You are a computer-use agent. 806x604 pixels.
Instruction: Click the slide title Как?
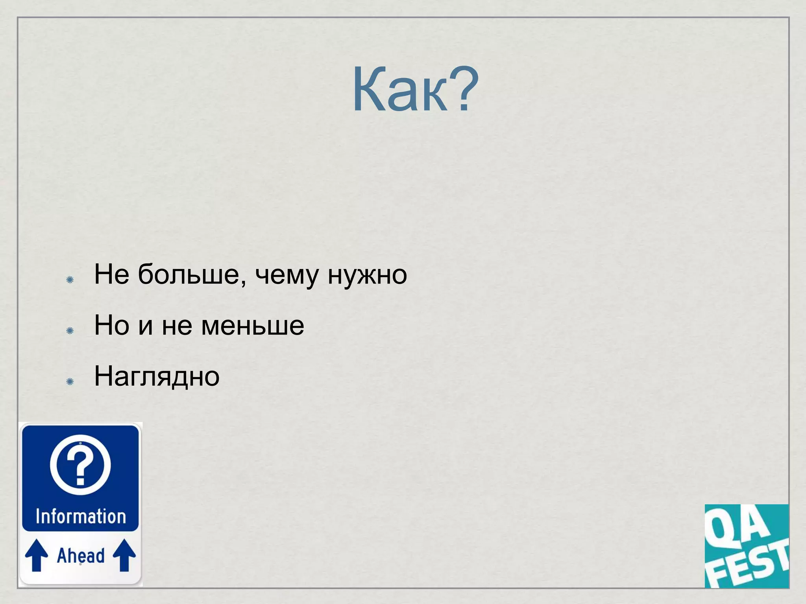point(415,90)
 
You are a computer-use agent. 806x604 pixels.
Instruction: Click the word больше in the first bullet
point(188,274)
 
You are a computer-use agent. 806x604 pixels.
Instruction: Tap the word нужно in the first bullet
point(367,275)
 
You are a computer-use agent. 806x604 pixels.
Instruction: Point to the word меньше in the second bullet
point(252,326)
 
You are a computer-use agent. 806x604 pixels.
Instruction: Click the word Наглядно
point(157,376)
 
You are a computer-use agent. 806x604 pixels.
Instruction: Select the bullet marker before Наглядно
point(70,381)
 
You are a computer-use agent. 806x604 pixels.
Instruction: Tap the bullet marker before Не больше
point(70,280)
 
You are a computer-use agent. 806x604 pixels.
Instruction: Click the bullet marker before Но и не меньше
point(70,330)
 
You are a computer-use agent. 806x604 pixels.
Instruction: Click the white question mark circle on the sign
point(80,464)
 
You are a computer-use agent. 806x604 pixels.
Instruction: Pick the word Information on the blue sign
point(81,516)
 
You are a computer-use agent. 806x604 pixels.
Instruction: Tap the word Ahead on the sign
point(81,556)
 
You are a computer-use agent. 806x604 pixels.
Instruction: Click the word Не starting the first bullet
point(112,274)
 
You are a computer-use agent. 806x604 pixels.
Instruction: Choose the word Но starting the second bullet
point(112,325)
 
